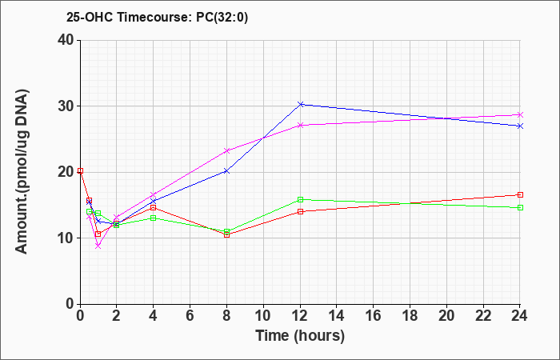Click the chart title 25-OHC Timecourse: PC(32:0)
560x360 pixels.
157,18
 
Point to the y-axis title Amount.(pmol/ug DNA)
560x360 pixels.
22,171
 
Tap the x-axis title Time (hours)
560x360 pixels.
300,336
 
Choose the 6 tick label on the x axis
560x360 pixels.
190,316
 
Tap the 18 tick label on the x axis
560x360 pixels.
410,316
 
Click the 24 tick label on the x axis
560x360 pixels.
520,316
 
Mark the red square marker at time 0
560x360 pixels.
80,170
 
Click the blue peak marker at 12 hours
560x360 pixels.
300,104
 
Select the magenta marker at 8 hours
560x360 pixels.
226,150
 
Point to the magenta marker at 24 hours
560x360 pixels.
520,114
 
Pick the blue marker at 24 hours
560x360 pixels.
520,126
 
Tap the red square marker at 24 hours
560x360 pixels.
520,194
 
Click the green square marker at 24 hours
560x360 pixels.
520,207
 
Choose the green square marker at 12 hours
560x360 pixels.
300,199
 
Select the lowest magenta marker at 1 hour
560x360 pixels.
98,246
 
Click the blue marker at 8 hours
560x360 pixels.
226,171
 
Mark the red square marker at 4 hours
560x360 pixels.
154,207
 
